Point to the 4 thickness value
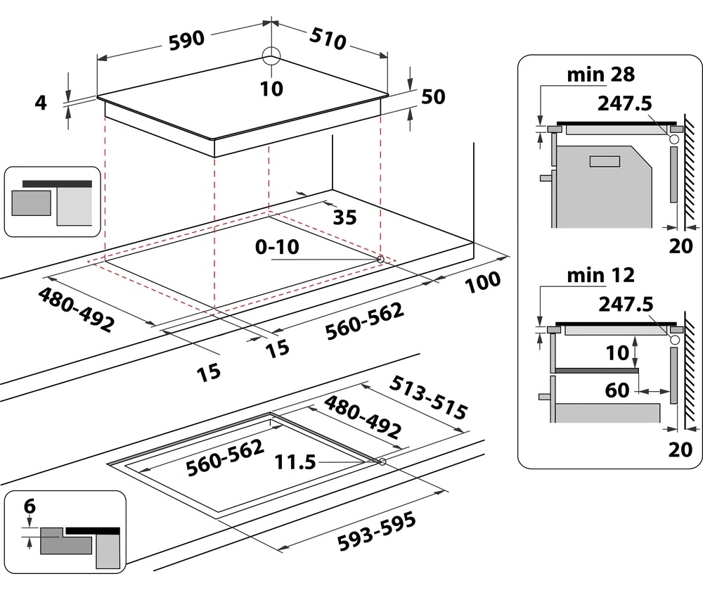point(41,103)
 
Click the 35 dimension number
point(344,217)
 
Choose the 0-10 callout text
point(277,247)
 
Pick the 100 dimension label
point(482,281)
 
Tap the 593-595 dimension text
point(375,532)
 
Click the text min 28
point(600,75)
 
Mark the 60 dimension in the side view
point(617,389)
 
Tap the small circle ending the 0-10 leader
point(381,259)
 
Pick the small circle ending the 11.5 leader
point(382,462)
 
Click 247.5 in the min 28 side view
point(625,103)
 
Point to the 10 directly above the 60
point(618,353)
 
